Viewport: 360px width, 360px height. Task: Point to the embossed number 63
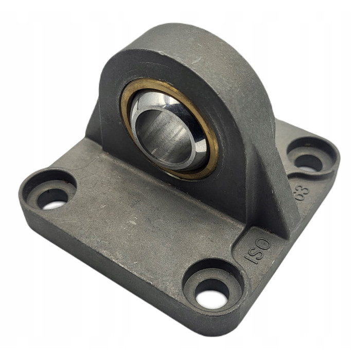(x=302, y=192)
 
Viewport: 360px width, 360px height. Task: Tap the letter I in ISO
(x=250, y=259)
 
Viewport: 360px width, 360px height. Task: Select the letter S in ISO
(x=258, y=251)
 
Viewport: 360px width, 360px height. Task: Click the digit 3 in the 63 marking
(x=305, y=189)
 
